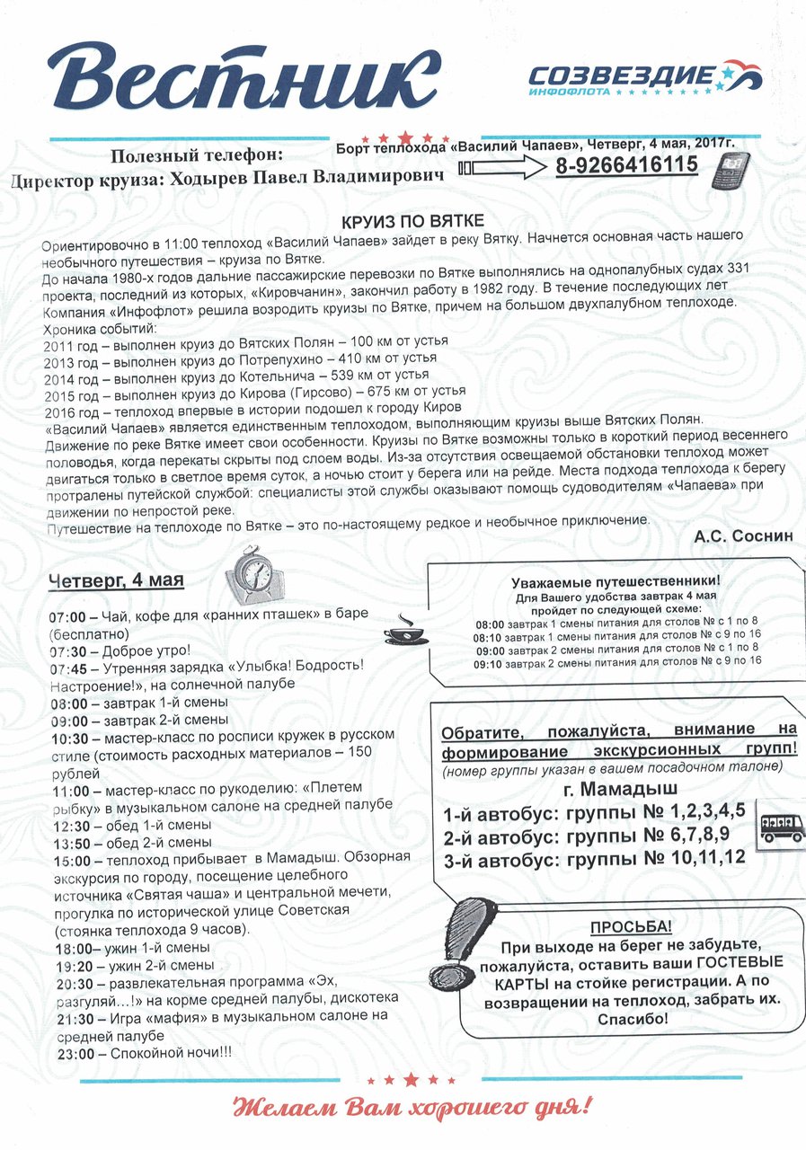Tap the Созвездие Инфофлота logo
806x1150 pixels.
tap(643, 79)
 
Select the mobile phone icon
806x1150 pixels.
tap(731, 170)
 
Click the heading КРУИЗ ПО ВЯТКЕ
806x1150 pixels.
tap(414, 221)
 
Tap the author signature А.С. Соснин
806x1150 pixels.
tap(743, 535)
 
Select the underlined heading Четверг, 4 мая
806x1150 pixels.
tap(116, 580)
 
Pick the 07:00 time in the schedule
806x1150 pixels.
tap(66, 617)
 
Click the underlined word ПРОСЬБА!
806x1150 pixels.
tap(631, 927)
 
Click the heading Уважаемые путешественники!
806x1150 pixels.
tap(616, 581)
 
